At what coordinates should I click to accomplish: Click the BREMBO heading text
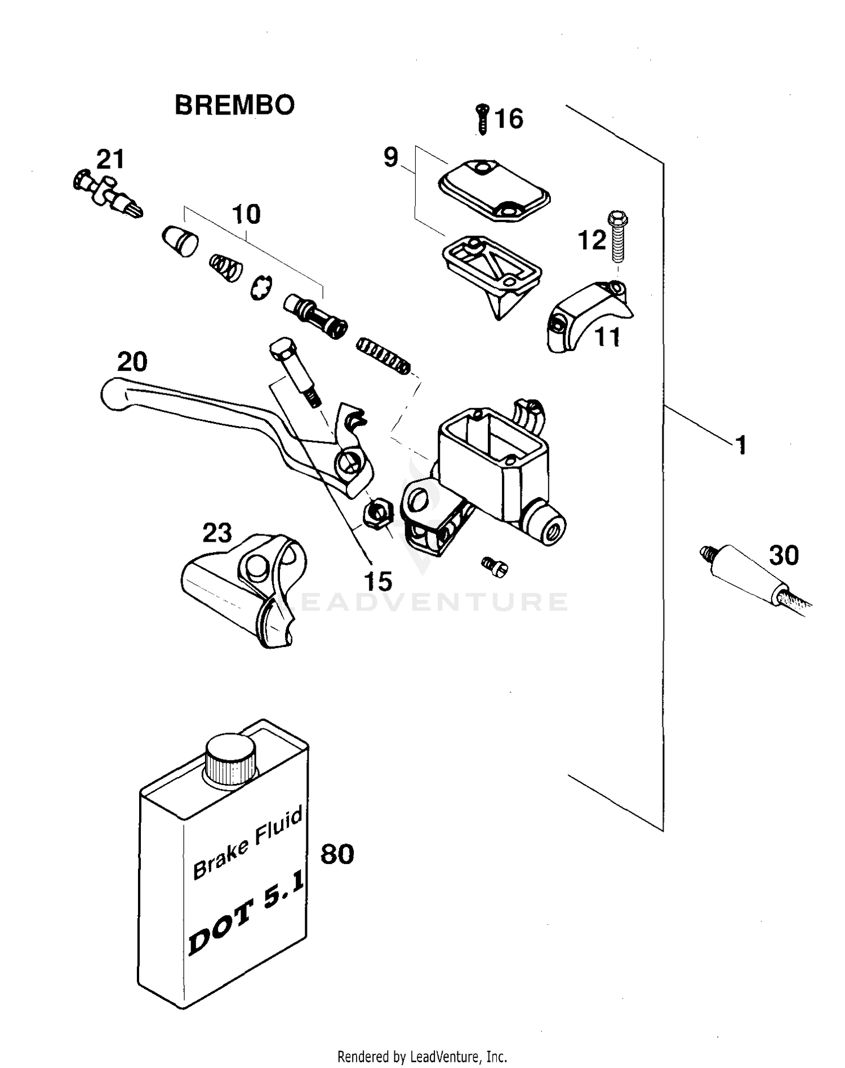(234, 105)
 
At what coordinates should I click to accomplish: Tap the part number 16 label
(509, 119)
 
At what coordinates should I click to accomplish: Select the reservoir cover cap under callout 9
(493, 189)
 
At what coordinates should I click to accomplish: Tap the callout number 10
(246, 215)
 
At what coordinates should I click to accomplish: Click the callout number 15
(377, 581)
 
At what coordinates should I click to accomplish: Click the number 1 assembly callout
(741, 445)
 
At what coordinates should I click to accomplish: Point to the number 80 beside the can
(337, 855)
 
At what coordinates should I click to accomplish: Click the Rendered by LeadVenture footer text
(422, 1056)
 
